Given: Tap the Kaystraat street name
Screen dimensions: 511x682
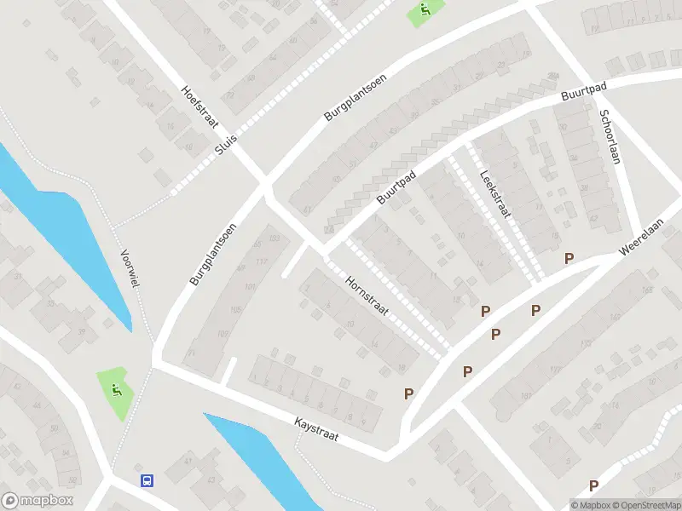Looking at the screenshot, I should click(x=316, y=428).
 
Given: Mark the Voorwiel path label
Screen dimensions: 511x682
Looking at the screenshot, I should click(x=130, y=269).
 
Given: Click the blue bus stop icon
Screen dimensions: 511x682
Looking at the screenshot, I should click(x=147, y=480).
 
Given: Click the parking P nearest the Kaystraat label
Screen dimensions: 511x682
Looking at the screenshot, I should click(x=408, y=393).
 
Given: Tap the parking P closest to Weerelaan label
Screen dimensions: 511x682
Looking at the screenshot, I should click(x=569, y=258).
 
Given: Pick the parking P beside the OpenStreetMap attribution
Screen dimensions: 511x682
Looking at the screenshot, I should click(x=593, y=485).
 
